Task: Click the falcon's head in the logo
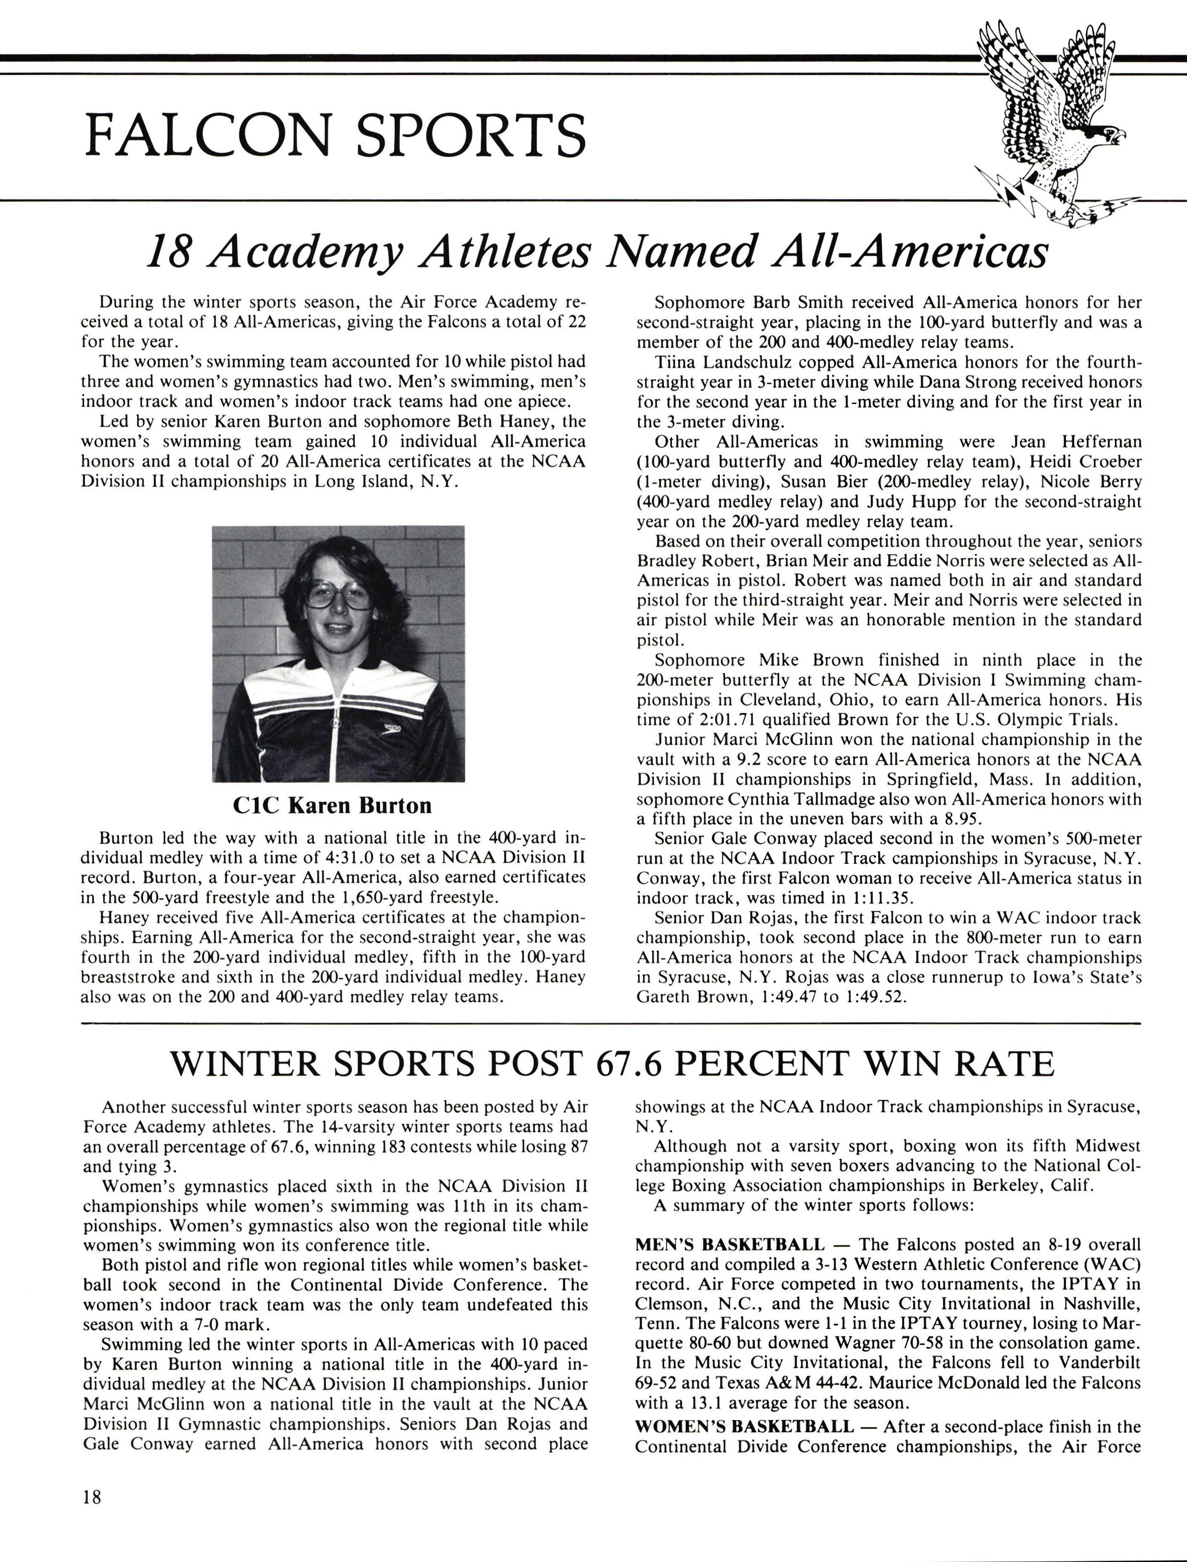1102,133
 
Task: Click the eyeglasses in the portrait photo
339,595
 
